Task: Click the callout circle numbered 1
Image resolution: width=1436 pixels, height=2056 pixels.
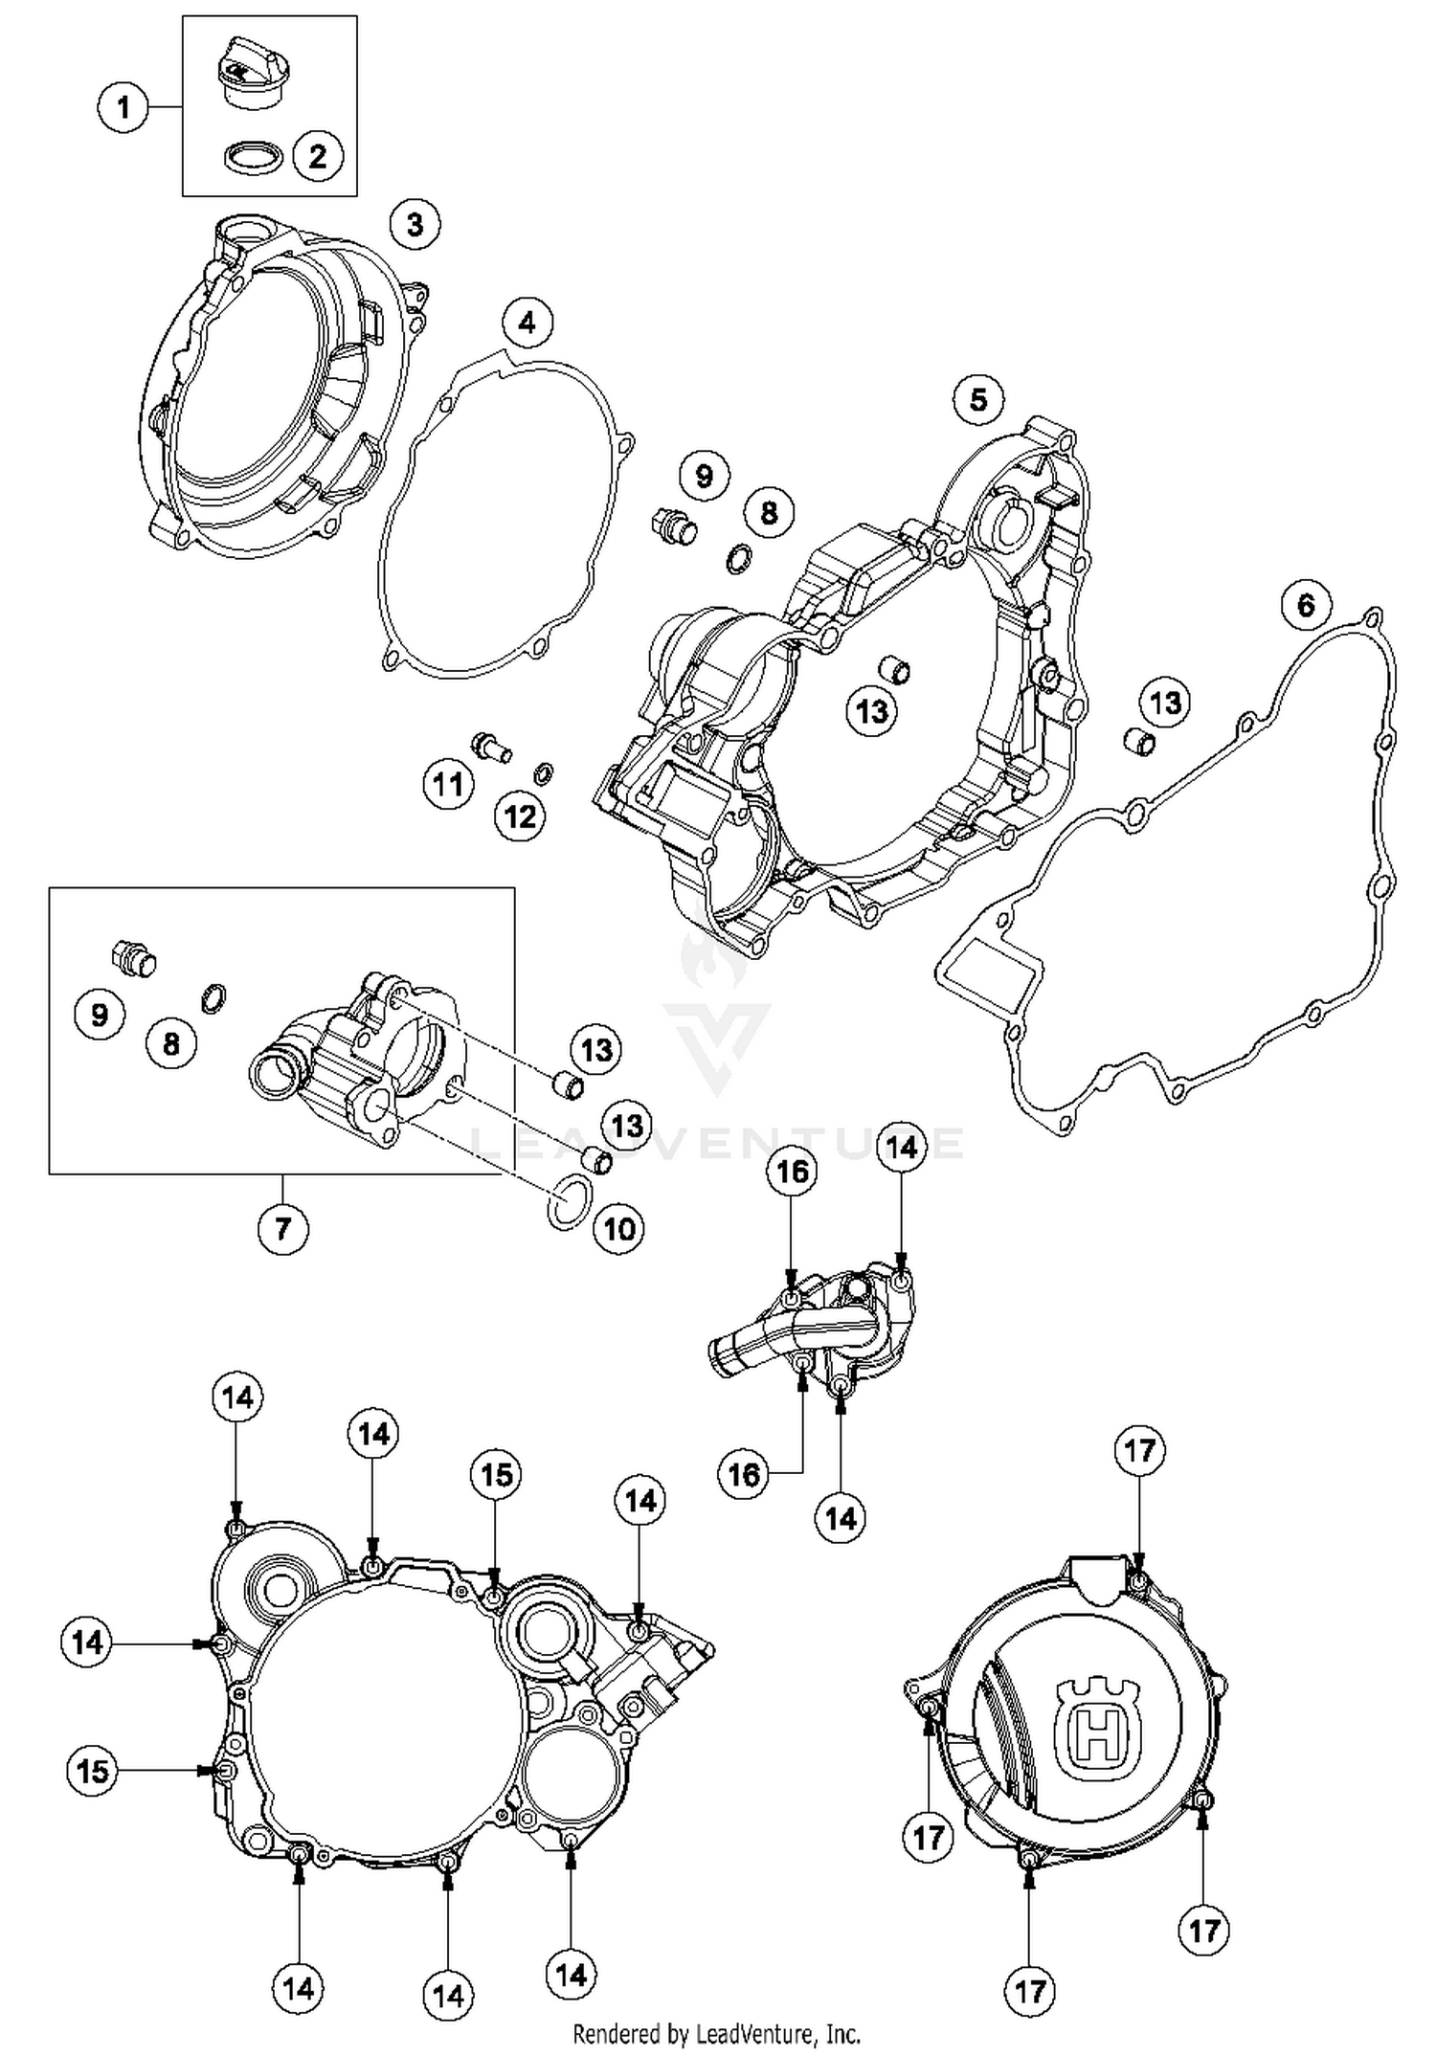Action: pos(123,106)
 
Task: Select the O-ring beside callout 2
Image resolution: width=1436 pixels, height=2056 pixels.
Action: pos(255,158)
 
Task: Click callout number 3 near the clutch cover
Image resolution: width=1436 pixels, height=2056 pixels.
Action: pos(415,225)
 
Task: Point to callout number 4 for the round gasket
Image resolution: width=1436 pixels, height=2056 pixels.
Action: pos(527,324)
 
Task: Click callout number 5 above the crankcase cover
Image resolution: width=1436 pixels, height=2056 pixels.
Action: pos(978,399)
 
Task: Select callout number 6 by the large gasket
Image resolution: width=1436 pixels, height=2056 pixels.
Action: pos(1306,604)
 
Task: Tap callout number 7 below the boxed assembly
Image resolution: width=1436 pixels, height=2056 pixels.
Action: pos(282,1228)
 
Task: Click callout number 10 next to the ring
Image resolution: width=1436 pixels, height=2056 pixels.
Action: pos(618,1228)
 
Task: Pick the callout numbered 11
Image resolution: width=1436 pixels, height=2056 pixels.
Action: pos(448,785)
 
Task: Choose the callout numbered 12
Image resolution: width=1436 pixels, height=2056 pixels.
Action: pos(520,816)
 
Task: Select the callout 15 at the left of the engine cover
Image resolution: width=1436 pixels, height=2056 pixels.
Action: pos(93,1771)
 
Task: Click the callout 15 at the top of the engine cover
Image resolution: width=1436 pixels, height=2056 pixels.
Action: pos(496,1474)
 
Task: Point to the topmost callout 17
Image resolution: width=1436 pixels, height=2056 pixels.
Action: pos(1139,1450)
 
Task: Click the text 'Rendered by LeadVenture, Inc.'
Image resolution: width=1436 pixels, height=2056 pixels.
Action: pos(716,2033)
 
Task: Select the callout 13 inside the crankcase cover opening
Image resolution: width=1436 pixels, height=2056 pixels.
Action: pos(871,711)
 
